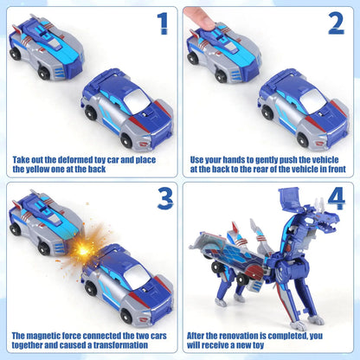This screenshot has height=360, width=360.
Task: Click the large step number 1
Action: pos(161,23)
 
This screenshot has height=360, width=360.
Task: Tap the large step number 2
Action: pos(335,23)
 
